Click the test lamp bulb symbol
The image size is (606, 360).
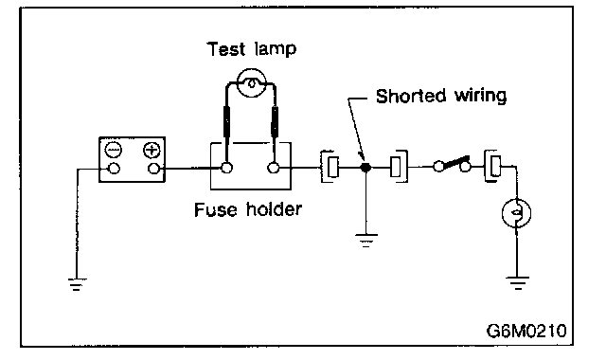252,82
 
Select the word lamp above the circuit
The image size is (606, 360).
276,50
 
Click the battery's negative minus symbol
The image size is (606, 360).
114,150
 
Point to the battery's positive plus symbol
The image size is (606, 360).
151,150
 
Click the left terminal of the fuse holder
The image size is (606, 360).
227,169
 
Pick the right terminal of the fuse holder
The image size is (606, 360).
274,169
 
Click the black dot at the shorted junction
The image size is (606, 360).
365,168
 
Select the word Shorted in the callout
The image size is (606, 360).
411,96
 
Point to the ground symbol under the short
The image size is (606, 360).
366,240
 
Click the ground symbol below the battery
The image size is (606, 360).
77,284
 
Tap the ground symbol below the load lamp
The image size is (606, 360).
518,283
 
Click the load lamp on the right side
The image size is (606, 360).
517,213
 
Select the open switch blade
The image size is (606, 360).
454,162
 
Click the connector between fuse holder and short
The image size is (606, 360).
330,167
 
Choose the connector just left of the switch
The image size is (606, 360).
399,167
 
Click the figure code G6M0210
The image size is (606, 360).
526,331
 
